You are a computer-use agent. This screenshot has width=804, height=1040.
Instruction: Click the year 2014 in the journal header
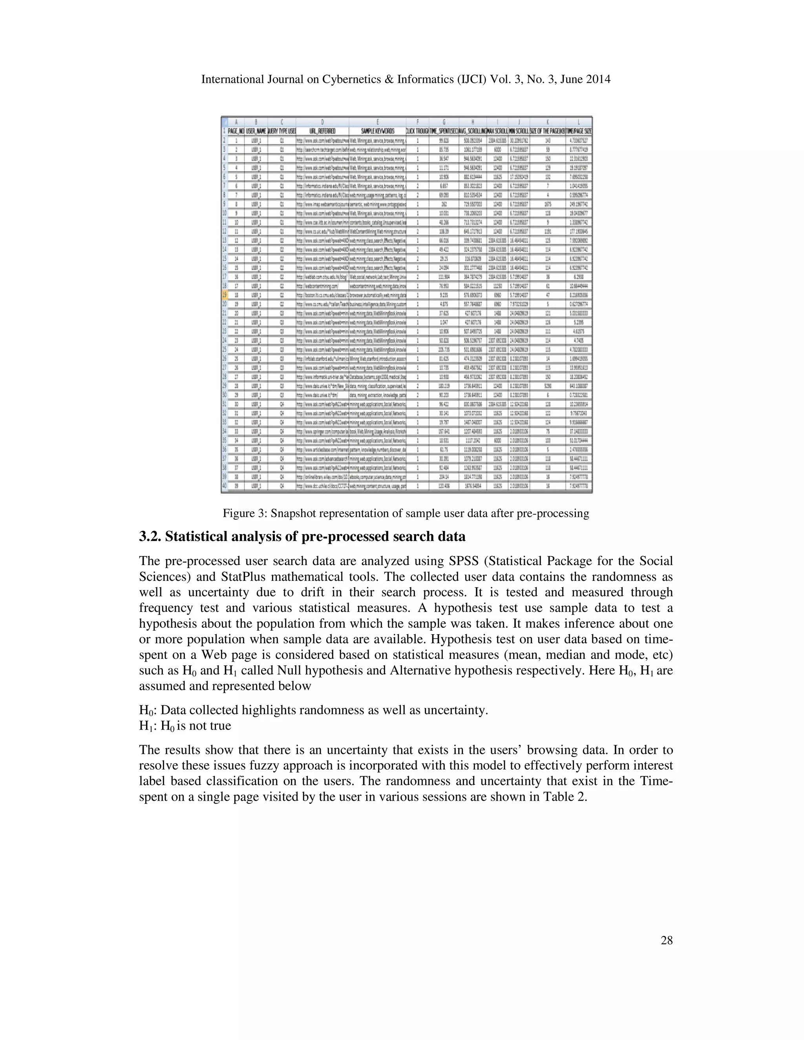coord(598,80)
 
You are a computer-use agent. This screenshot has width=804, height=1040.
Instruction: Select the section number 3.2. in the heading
coord(150,536)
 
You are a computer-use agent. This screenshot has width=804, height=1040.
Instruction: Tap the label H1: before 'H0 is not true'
coord(148,726)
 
